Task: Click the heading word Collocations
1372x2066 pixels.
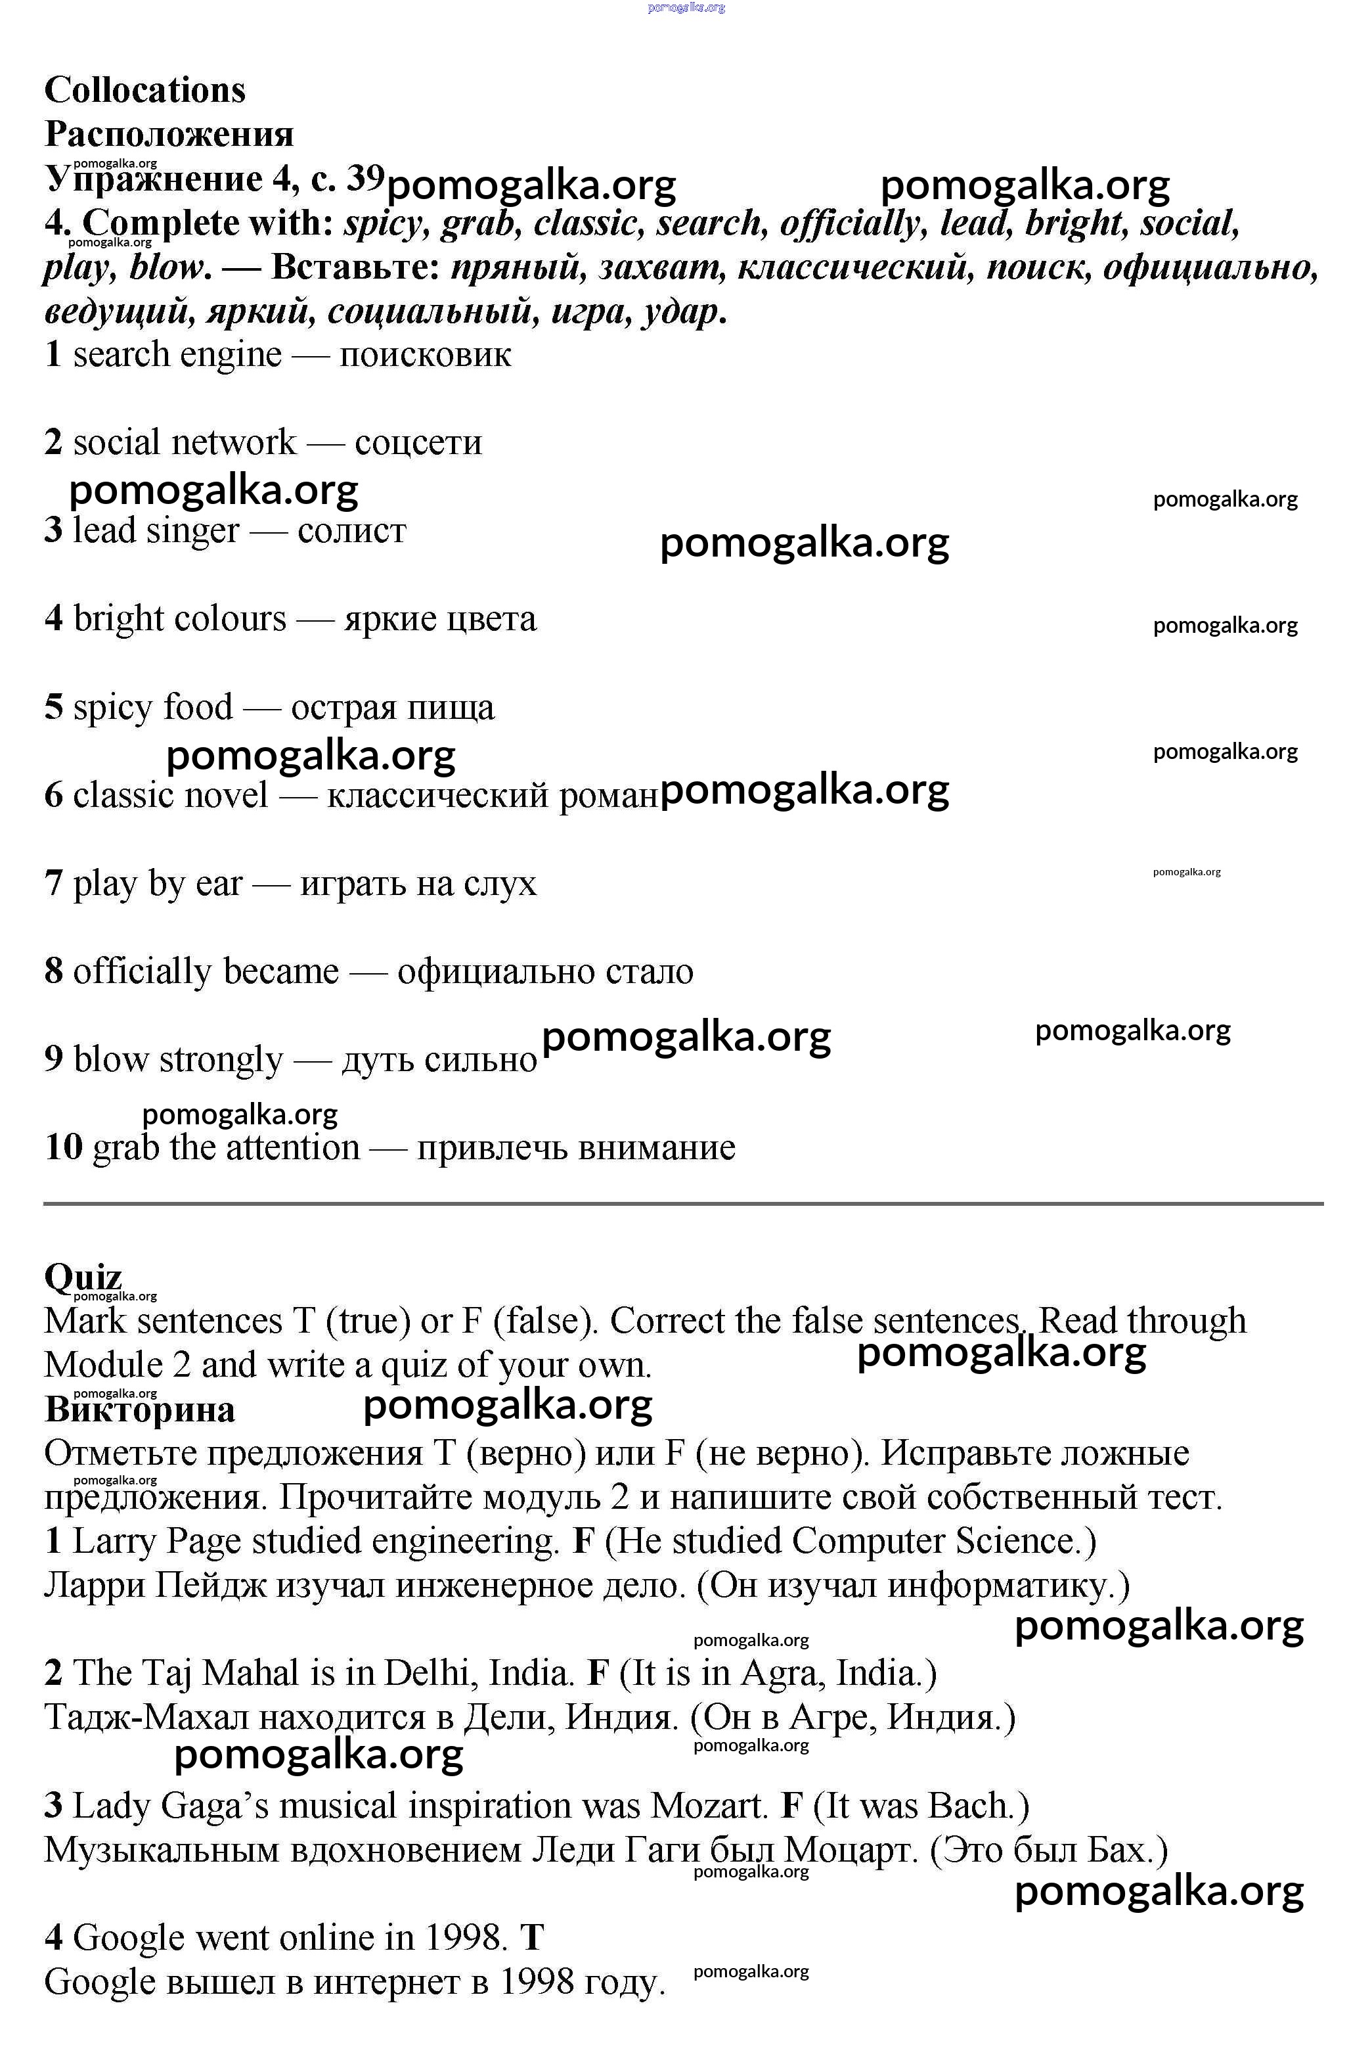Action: (144, 90)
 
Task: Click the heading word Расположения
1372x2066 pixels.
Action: (169, 134)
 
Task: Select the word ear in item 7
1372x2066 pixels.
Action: (219, 883)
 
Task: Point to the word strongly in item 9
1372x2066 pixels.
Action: (221, 1059)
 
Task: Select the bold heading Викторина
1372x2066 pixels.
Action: (140, 1410)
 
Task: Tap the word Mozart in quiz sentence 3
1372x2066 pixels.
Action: (709, 1805)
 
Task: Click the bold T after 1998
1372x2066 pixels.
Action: (532, 1937)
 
